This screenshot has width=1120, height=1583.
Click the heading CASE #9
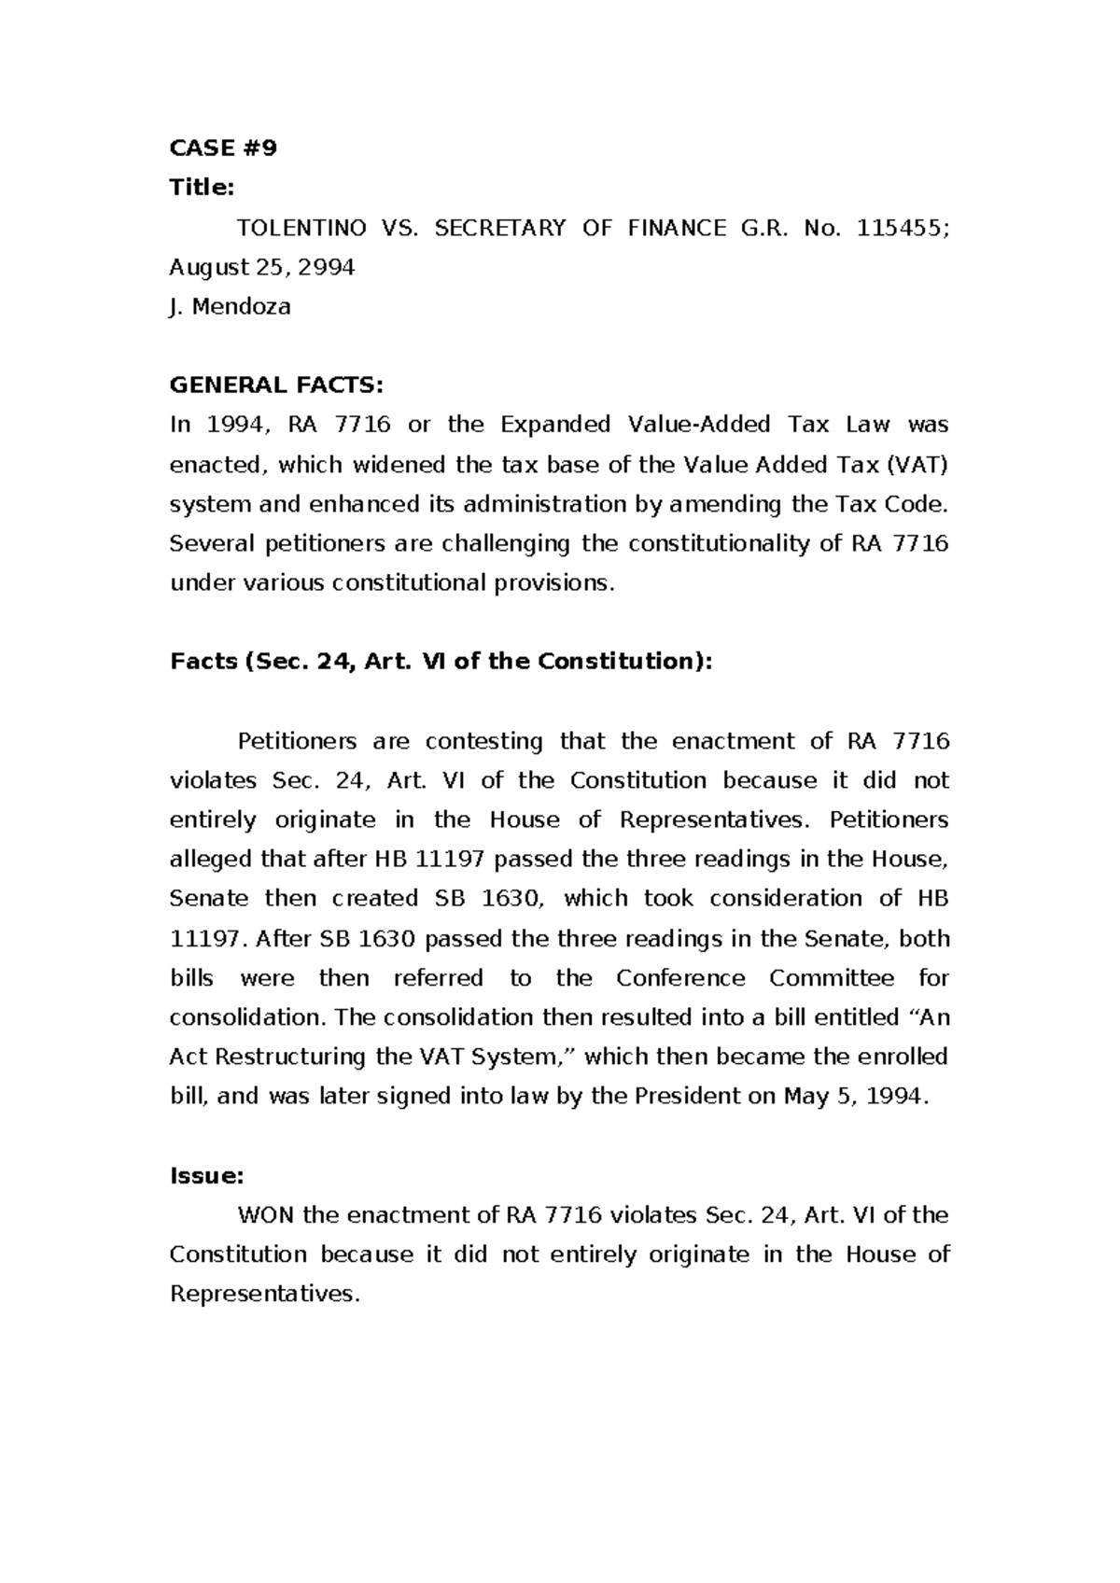click(x=223, y=148)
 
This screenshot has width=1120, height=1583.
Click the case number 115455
click(x=902, y=228)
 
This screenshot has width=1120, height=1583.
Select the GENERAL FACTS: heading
click(x=276, y=385)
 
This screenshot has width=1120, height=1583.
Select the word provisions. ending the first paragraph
click(x=558, y=583)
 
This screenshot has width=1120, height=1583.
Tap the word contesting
click(x=484, y=741)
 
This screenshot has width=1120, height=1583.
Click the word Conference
click(x=680, y=978)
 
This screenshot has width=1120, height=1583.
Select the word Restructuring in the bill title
click(x=291, y=1058)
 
